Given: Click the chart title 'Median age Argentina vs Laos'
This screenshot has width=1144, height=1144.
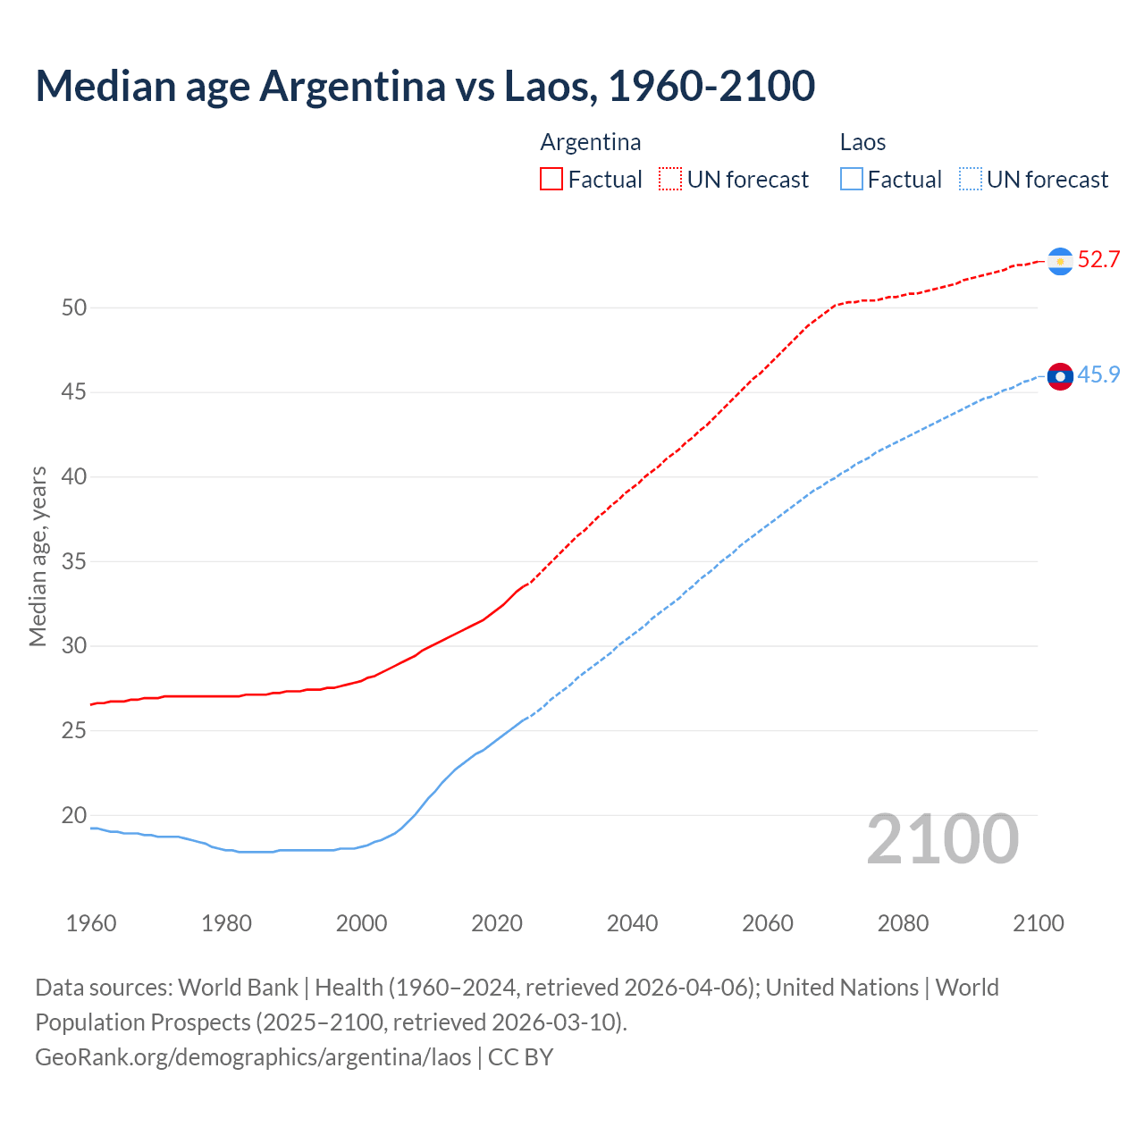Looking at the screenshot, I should point(425,87).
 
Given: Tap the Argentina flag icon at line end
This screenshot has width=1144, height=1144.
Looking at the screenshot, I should point(1060,261).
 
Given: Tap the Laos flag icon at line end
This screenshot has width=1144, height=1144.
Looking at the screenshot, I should point(1060,377).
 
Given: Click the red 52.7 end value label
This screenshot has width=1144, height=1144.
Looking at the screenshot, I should point(1098,260).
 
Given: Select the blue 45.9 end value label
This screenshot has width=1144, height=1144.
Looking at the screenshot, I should point(1098,375).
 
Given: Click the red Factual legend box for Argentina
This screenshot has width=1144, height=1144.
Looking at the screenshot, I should point(551,180).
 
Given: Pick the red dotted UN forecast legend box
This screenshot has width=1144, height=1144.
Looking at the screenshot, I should point(670,180).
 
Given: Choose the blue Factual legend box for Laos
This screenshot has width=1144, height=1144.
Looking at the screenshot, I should point(852,180).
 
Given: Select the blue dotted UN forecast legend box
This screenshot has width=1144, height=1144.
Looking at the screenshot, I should point(971,180).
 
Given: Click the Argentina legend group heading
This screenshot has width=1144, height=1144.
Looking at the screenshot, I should point(591,143).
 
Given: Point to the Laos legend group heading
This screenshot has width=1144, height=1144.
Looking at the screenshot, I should point(862,143).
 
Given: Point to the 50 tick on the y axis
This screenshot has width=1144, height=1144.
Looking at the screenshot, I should point(74,308).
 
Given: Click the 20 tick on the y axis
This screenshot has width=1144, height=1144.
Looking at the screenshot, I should point(74,815).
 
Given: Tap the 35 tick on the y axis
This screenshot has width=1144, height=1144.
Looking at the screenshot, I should point(74,562).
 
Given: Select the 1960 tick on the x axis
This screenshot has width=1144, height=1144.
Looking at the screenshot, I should point(91,923).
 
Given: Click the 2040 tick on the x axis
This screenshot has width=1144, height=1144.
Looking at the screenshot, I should point(632,923).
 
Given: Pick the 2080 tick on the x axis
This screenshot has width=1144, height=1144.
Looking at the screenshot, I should point(903,923).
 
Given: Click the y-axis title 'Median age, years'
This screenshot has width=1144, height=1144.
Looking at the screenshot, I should point(38,556).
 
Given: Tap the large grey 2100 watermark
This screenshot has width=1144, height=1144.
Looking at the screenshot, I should point(942,839).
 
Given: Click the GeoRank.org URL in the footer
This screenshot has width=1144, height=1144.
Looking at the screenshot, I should point(253,1057).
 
